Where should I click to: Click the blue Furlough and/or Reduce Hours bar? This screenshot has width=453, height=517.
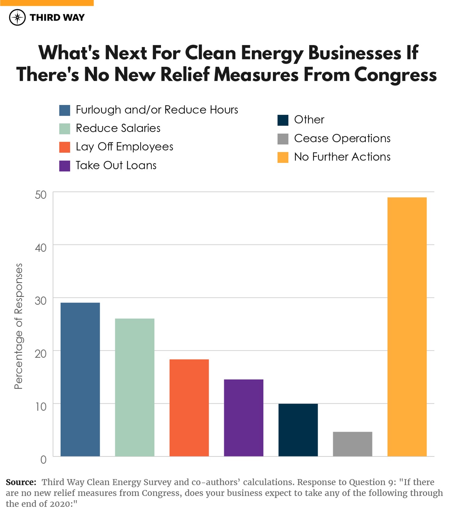coord(80,379)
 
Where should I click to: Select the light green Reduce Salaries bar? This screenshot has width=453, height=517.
coord(135,387)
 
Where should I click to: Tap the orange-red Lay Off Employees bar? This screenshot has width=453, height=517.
coord(189,408)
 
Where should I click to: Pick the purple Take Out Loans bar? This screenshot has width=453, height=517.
coord(244,418)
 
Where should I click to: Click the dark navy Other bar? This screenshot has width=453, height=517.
coord(298,430)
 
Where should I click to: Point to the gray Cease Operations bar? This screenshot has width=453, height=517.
coord(353,444)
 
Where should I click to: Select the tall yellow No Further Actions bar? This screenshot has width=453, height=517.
coord(407,327)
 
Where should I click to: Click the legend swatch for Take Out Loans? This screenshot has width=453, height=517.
coord(65,166)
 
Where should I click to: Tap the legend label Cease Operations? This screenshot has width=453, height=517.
coord(342,138)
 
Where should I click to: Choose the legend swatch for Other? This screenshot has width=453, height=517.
coord(283,120)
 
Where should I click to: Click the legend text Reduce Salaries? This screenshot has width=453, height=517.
coord(118,128)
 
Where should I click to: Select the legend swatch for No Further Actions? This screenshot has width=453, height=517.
coord(283,157)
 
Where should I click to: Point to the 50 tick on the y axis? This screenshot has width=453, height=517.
coord(41,195)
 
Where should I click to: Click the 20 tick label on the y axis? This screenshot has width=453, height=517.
coord(41,354)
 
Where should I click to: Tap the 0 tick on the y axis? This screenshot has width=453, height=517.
coord(43,459)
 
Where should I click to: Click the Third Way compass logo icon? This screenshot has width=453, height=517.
coord(17,17)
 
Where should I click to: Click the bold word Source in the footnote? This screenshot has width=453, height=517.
coord(21,482)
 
